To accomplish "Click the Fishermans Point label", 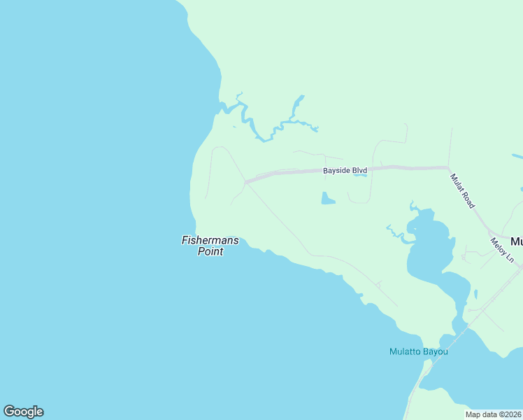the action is coord(210,246).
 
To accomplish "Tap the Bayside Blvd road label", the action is coord(345,171).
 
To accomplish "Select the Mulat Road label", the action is coord(463,191).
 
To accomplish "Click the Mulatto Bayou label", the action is coord(418,351).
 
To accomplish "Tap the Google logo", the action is coord(23,412).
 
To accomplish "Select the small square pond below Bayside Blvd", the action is coord(327,199).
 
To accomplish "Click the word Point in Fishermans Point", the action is coord(210,252).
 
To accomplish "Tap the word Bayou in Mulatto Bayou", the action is coord(436,351).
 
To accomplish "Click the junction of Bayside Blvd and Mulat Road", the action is coord(447,167).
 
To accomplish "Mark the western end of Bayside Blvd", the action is coord(245,182).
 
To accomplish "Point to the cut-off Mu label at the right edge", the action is coord(517,241).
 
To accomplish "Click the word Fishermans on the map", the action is coord(210,240).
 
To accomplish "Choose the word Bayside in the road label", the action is coord(335,171).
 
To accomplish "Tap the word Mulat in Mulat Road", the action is coord(457,183).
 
